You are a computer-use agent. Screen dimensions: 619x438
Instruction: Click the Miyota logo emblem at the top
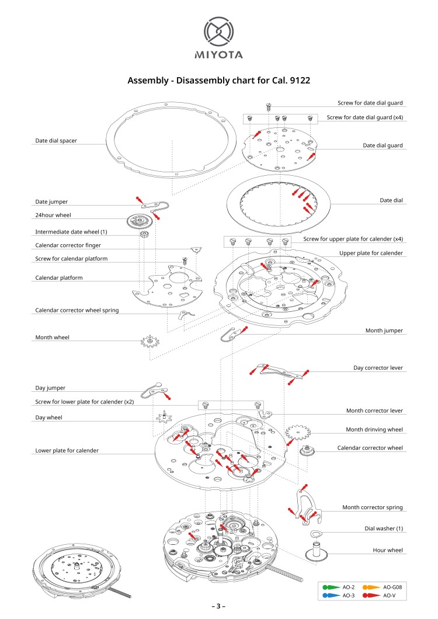pos(218,32)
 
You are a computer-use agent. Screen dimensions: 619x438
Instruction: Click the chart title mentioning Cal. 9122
pos(218,81)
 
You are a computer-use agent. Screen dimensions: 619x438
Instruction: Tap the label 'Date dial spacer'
pos(56,140)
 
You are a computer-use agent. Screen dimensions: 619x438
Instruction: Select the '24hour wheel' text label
pos(53,215)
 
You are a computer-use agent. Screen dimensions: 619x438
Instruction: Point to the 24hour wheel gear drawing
pos(140,221)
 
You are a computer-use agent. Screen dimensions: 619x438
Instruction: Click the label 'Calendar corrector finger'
pos(72,245)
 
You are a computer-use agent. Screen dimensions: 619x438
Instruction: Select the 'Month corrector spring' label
pos(372,507)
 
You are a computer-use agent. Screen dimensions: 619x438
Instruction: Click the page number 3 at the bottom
pos(218,606)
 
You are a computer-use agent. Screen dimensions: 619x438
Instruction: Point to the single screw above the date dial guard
pos(269,107)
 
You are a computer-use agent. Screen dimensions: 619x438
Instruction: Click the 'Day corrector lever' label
pos(378,368)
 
